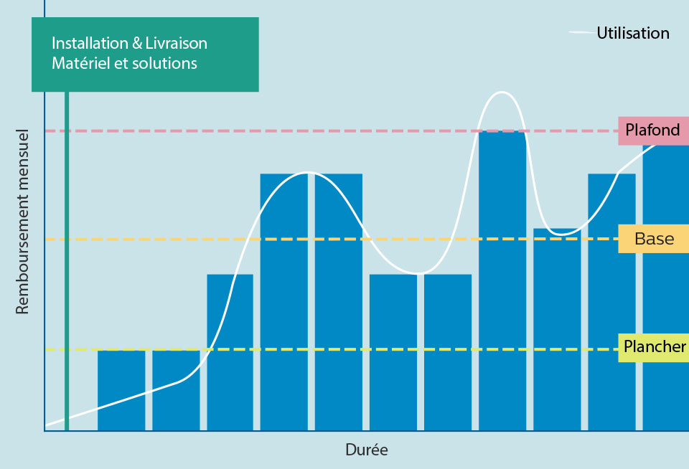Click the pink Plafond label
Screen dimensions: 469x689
pyautogui.click(x=652, y=131)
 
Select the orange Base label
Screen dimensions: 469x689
pyautogui.click(x=654, y=239)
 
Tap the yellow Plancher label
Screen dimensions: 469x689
pyautogui.click(x=654, y=347)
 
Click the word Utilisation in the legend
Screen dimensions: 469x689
pyautogui.click(x=632, y=33)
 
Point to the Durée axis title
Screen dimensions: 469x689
pyautogui.click(x=366, y=450)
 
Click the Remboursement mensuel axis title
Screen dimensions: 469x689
pyautogui.click(x=22, y=222)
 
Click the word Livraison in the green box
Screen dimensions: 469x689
pyautogui.click(x=178, y=44)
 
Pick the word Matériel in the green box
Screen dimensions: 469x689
pyautogui.click(x=78, y=63)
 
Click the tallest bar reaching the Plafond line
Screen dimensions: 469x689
pyautogui.click(x=502, y=280)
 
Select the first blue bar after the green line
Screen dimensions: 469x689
pyautogui.click(x=121, y=391)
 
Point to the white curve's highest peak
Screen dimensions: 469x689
pyautogui.click(x=502, y=93)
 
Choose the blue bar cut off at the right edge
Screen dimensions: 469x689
pyautogui.click(x=665, y=287)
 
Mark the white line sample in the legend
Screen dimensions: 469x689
pyautogui.click(x=581, y=33)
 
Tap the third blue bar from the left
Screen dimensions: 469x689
pyautogui.click(x=230, y=351)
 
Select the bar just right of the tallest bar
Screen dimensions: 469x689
pyautogui.click(x=557, y=330)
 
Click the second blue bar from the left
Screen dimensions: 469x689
pyautogui.click(x=176, y=391)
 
